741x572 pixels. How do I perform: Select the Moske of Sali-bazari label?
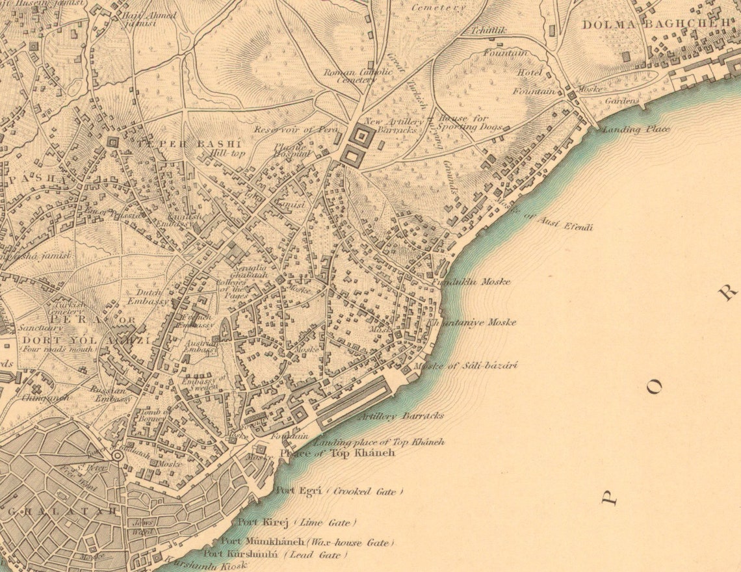pos(465,366)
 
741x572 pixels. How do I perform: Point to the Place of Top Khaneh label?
pos(337,453)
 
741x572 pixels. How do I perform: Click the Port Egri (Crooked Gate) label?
pos(339,491)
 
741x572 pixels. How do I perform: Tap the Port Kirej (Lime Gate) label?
pos(296,523)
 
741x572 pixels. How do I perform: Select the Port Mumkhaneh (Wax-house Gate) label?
pos(307,541)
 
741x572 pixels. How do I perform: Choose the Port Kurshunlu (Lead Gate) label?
pos(276,554)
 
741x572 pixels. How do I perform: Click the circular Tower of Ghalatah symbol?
pos(117,456)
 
